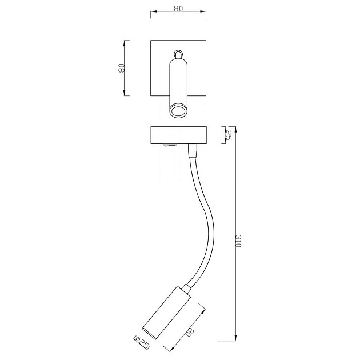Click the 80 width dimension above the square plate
(178, 10)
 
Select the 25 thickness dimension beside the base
(228, 135)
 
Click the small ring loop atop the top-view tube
(179, 53)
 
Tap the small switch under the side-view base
(167, 146)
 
